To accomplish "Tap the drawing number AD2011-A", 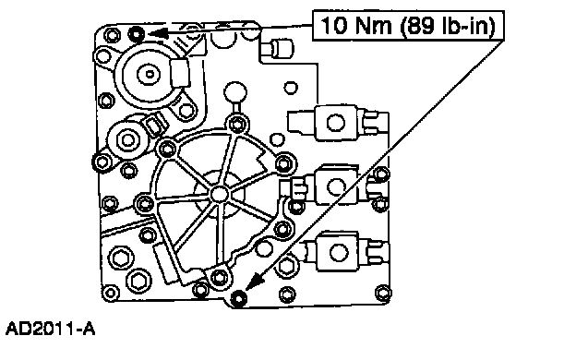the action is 51,329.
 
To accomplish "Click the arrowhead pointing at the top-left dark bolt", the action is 158,33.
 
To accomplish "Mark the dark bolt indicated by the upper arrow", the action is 137,34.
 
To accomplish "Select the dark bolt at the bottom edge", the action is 238,297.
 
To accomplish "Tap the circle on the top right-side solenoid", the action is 336,123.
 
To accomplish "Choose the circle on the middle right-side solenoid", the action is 336,186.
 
